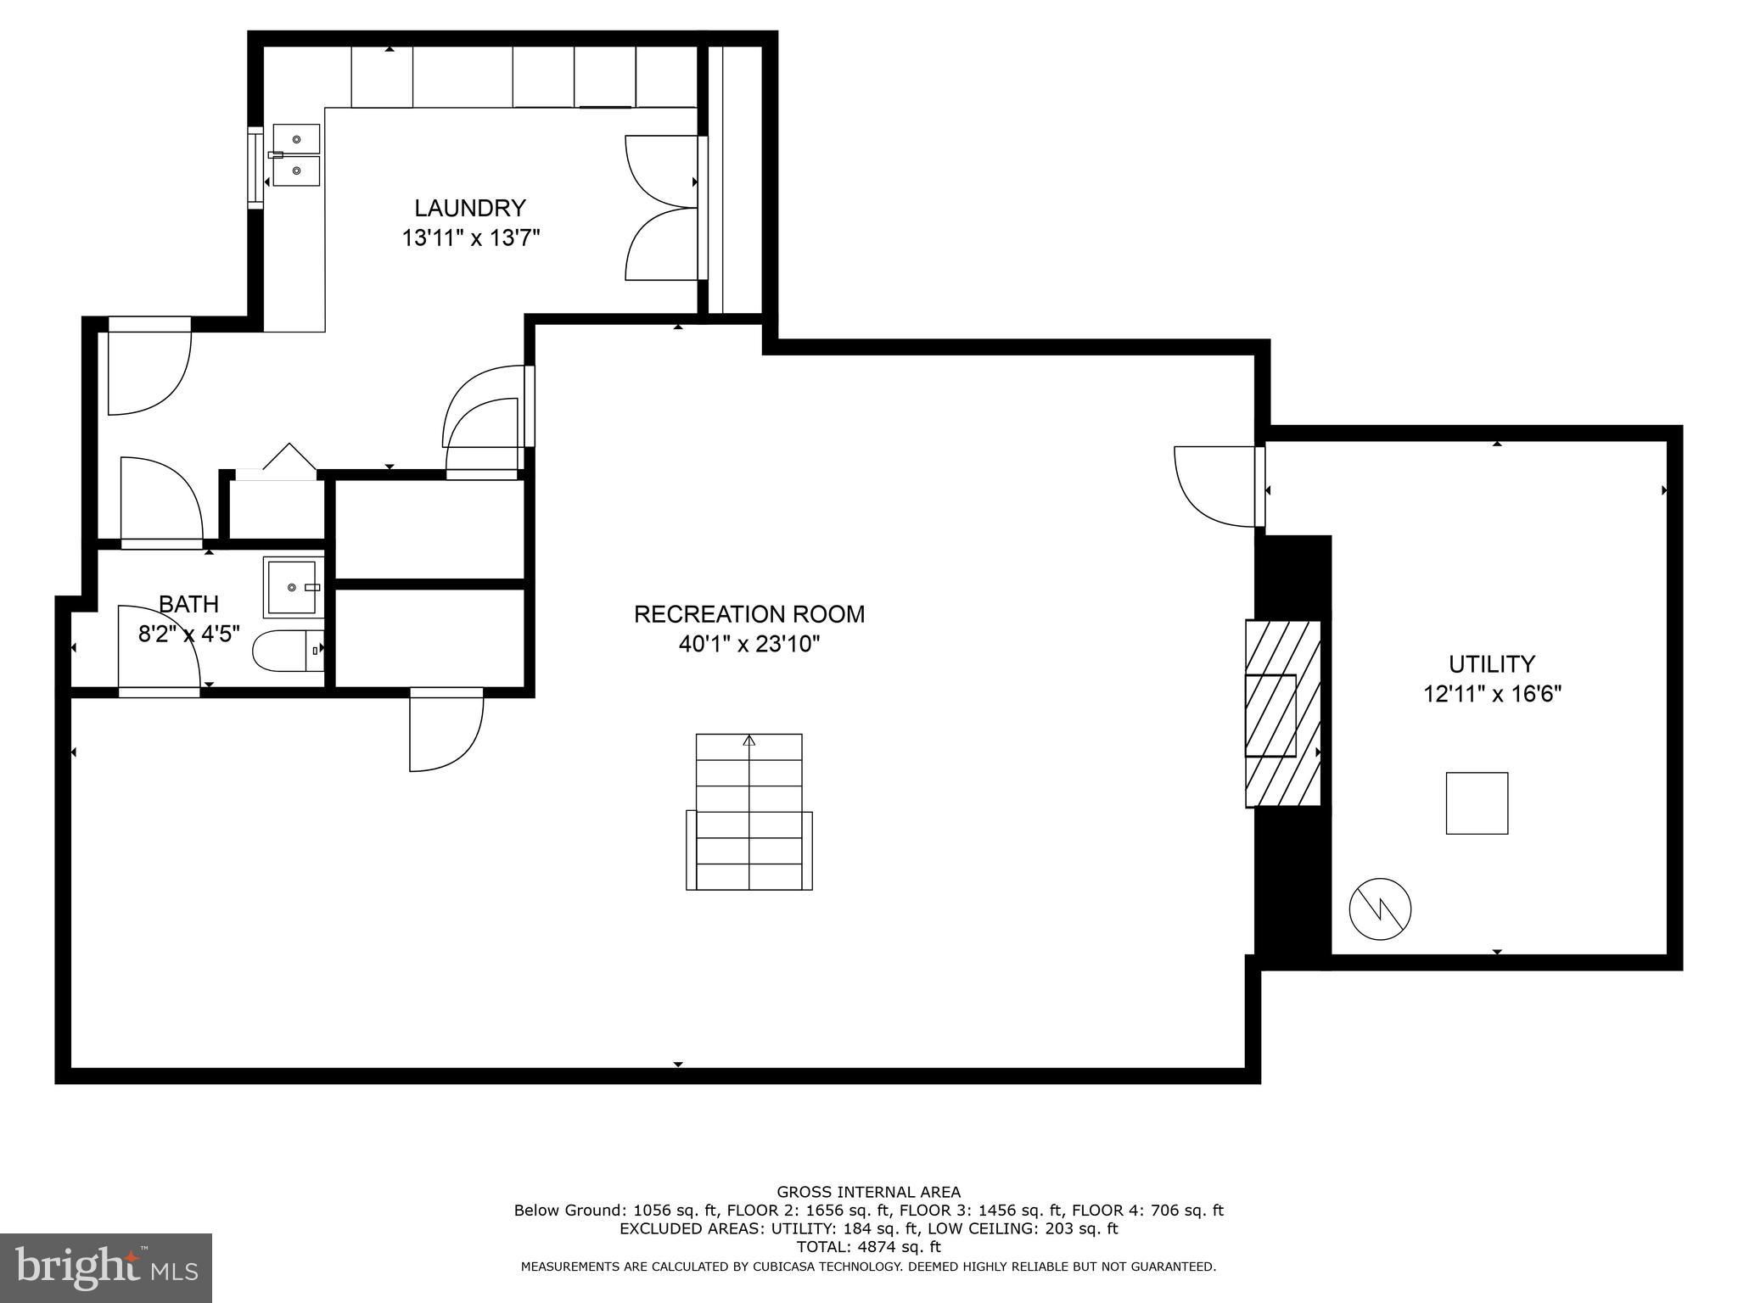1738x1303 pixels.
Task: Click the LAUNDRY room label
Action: tap(469, 208)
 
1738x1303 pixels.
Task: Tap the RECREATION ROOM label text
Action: tap(748, 614)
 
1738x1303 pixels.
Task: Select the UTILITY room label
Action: tap(1491, 663)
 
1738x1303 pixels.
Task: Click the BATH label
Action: tap(188, 604)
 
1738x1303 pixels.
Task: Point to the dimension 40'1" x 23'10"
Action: tap(748, 645)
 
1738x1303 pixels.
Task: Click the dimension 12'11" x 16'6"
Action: tap(1492, 695)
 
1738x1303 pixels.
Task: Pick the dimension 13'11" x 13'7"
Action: tap(470, 238)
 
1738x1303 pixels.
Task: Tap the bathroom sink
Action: tap(293, 586)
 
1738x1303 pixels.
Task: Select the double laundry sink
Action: tap(296, 154)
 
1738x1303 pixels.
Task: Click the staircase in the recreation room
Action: tap(748, 812)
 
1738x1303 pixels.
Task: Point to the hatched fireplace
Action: tap(1282, 713)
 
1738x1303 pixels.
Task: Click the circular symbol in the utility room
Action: tap(1380, 909)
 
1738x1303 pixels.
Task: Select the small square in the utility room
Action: tap(1477, 802)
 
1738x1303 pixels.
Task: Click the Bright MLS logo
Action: tap(105, 1267)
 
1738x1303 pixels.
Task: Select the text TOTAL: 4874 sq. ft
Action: tap(868, 1246)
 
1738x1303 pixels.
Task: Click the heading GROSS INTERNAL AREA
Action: tap(868, 1192)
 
